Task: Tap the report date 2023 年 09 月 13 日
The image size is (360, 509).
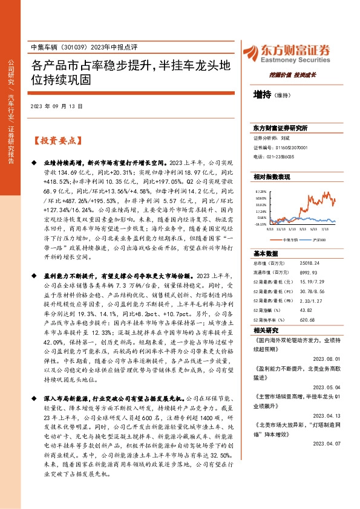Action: (56, 106)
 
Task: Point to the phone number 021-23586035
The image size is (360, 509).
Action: (278, 157)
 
